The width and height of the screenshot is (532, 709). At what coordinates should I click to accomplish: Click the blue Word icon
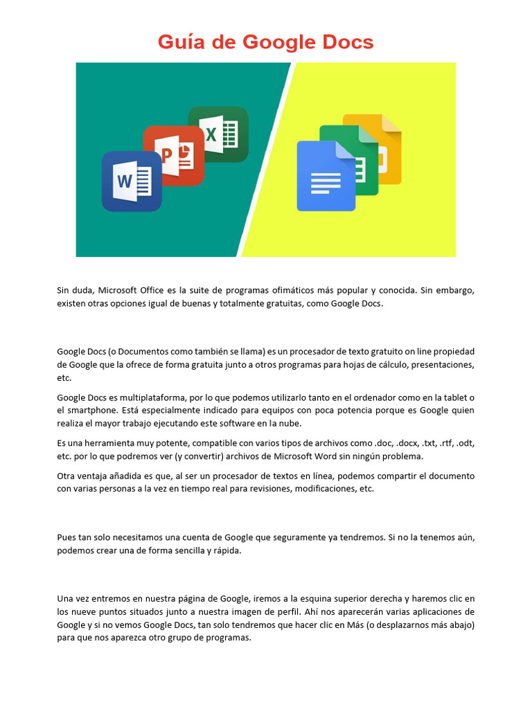(x=132, y=181)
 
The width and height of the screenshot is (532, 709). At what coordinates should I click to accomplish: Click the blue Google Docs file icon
(x=326, y=177)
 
